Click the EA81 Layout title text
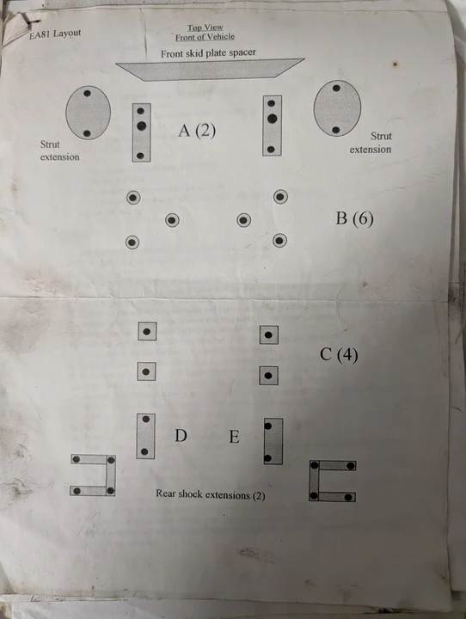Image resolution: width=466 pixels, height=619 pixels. pos(55,34)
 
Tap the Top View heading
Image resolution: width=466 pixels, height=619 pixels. pos(205,28)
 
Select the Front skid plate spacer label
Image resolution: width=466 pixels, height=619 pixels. pos(208,53)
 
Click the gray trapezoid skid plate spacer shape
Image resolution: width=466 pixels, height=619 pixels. pos(210,70)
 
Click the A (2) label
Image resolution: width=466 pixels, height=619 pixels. pos(197,131)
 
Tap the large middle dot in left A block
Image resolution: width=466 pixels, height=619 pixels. pos(141,126)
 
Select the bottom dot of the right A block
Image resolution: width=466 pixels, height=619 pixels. pos(271,150)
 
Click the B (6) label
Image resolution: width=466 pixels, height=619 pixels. pos(354,218)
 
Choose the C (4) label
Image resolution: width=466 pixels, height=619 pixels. pos(339,354)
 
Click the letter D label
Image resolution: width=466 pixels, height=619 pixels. pos(181,435)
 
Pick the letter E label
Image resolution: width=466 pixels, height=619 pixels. pos(234,437)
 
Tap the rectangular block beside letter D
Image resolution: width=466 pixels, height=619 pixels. pos(145,436)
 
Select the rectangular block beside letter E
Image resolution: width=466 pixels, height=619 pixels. pos(273,441)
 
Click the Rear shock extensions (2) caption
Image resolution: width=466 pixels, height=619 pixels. pos(210,494)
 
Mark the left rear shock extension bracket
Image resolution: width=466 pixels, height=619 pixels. pos(111,475)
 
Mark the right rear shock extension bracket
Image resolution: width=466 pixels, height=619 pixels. pos(315,481)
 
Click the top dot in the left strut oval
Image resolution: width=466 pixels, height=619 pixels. pos(88,94)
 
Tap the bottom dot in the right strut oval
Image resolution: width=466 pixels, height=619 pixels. pos(335,130)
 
